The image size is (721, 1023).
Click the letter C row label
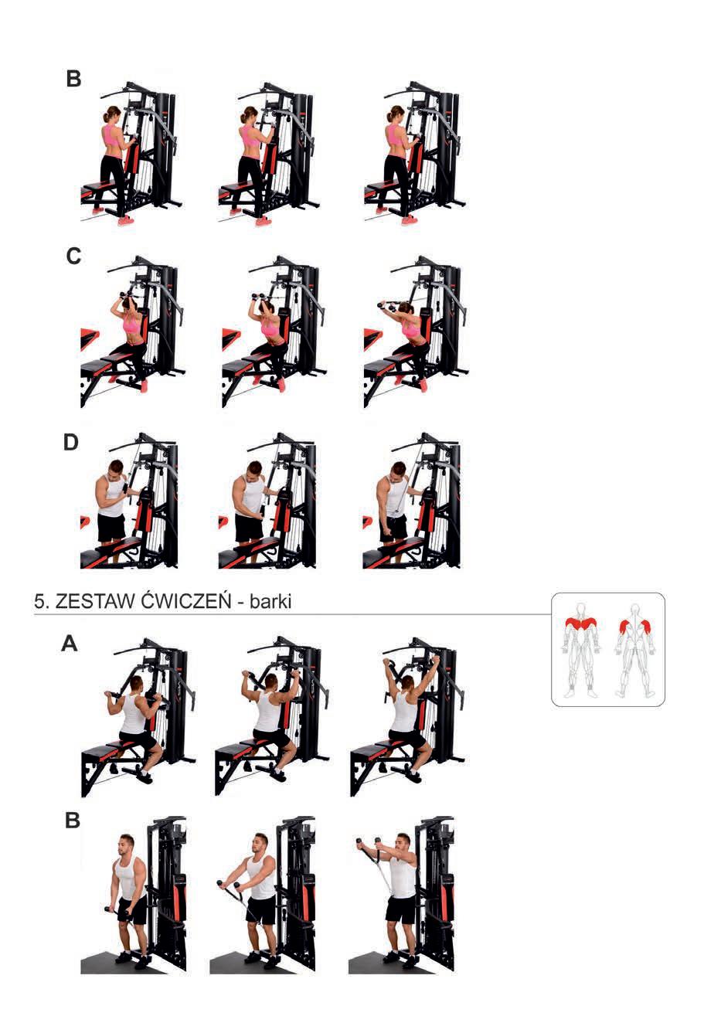point(73,257)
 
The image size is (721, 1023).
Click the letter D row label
point(71,443)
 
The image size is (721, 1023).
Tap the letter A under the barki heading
point(70,644)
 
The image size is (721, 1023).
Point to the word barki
point(270,601)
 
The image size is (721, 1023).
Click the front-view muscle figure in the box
point(580,651)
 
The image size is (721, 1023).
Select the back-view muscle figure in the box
point(634,651)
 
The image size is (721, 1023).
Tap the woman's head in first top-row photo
point(112,114)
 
